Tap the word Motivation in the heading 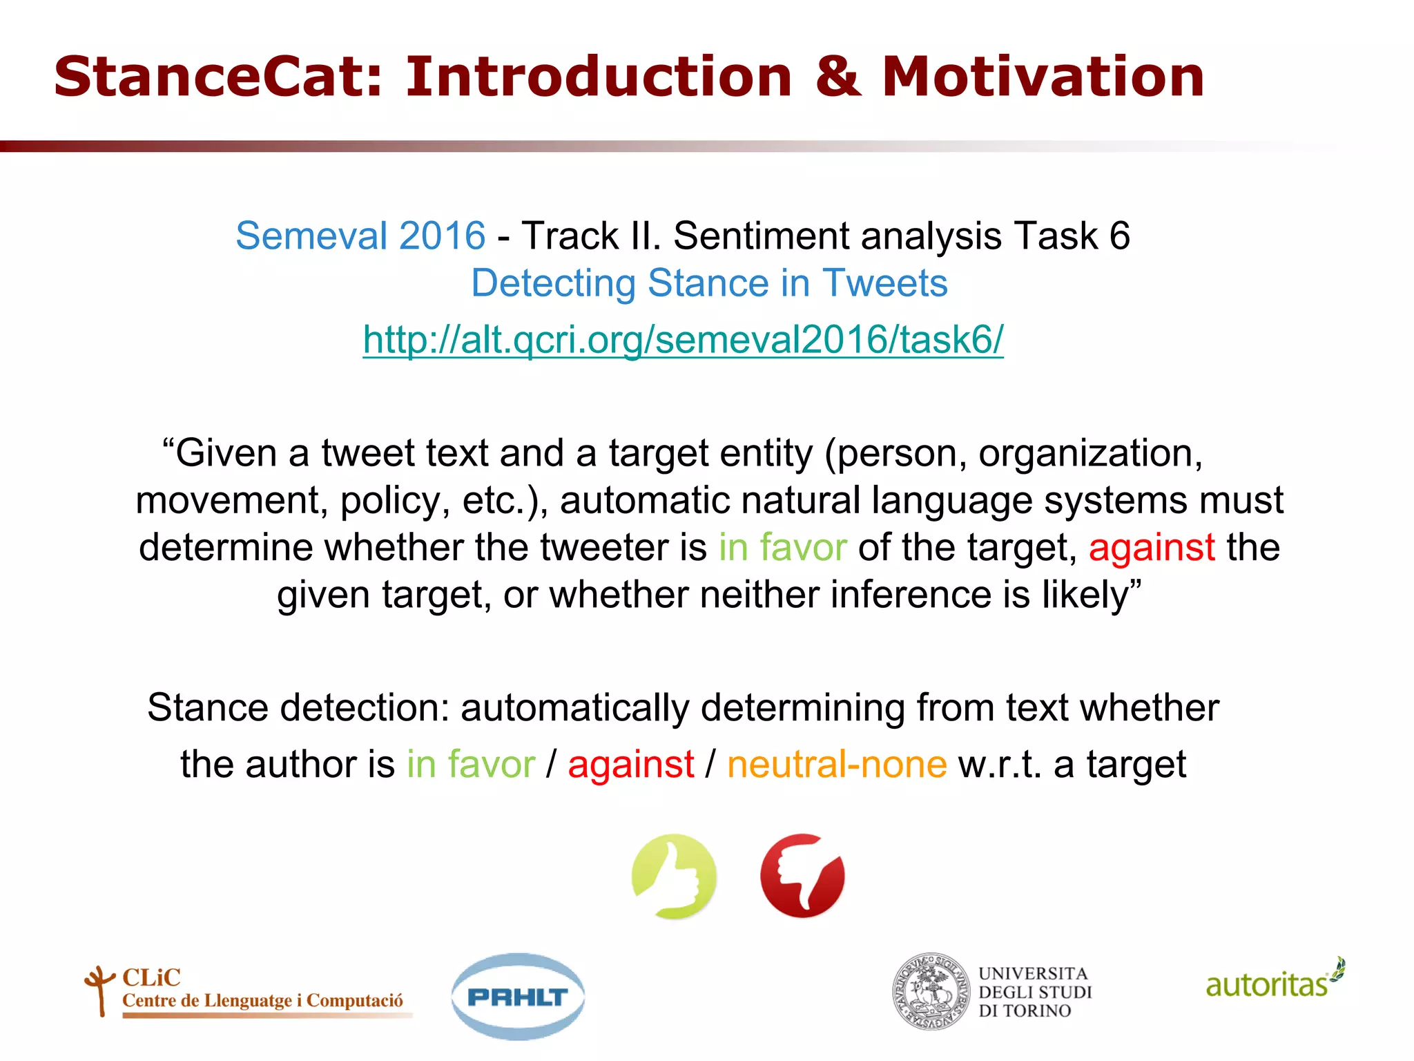tap(1043, 77)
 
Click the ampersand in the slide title tap(837, 77)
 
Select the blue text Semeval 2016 tap(360, 236)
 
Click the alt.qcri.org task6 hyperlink tap(683, 339)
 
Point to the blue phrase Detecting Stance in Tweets tap(709, 283)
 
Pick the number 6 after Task tap(1119, 236)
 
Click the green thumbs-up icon tap(674, 876)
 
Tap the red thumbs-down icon tap(802, 876)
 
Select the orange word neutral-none tap(837, 765)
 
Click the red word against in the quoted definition tap(1152, 547)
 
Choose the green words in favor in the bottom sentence tap(471, 765)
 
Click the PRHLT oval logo tap(518, 996)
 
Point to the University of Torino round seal tap(931, 992)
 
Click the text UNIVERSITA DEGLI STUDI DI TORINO tap(1035, 992)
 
